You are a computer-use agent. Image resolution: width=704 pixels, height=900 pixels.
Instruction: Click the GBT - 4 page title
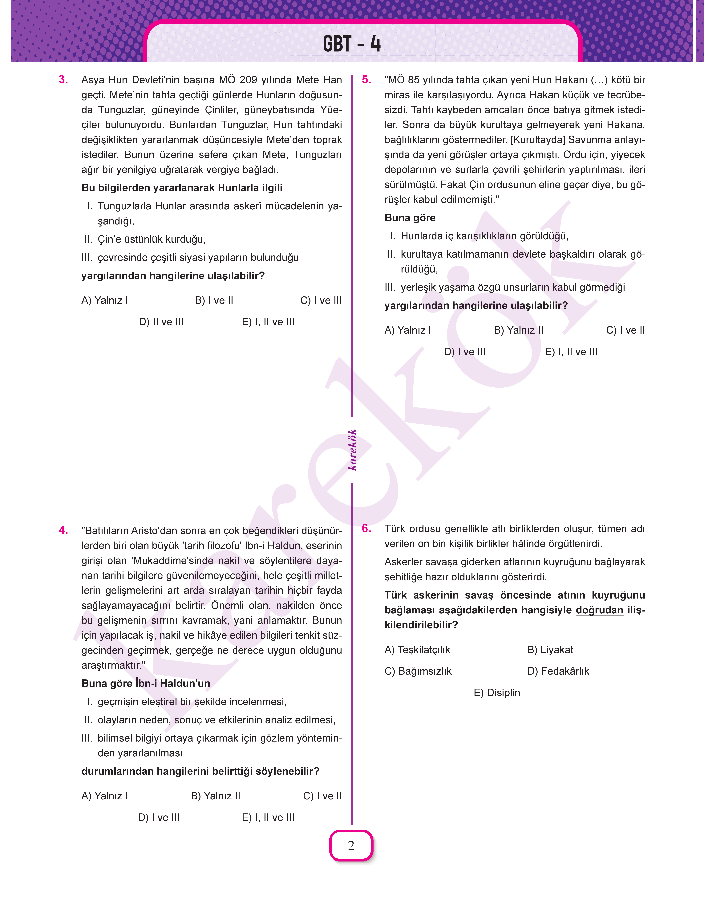pyautogui.click(x=352, y=44)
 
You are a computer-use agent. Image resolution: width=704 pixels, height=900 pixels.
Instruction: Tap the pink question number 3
pyautogui.click(x=63, y=80)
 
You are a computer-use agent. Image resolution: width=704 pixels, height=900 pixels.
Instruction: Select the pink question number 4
pyautogui.click(x=63, y=530)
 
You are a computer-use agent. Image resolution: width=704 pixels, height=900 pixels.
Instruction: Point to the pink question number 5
pyautogui.click(x=366, y=80)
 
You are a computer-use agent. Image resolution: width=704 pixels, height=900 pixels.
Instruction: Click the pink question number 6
pyautogui.click(x=366, y=529)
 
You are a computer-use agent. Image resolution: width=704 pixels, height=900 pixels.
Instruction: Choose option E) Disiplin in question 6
pyautogui.click(x=497, y=693)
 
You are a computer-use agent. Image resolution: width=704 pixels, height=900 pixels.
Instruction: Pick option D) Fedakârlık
pyautogui.click(x=558, y=671)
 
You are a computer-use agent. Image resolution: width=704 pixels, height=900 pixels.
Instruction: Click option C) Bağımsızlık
pyautogui.click(x=418, y=671)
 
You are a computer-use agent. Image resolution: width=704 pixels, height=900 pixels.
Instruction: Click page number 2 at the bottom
pyautogui.click(x=351, y=846)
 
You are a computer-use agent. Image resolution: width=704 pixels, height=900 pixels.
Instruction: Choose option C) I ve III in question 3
pyautogui.click(x=321, y=301)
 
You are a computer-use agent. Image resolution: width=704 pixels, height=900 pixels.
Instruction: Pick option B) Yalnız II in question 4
pyautogui.click(x=216, y=796)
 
